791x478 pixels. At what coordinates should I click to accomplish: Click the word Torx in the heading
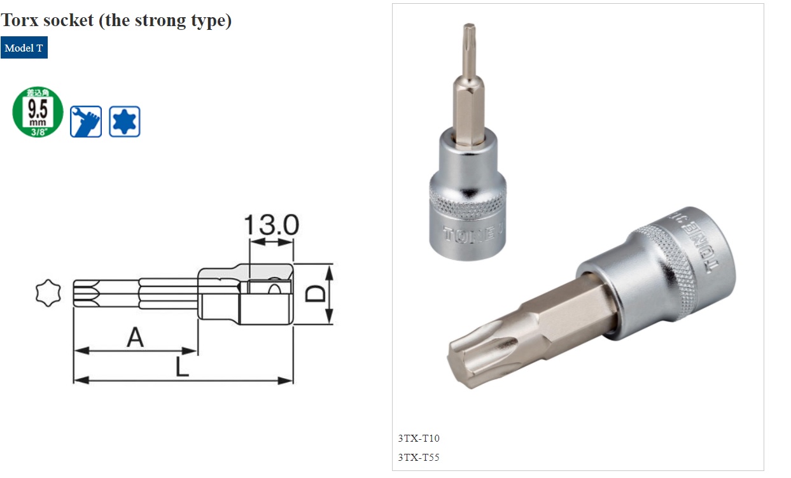click(x=22, y=20)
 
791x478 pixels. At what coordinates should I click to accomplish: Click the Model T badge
click(x=24, y=48)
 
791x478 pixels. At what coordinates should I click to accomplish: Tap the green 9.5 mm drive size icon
click(x=38, y=112)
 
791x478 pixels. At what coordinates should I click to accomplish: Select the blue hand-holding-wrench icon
click(x=86, y=121)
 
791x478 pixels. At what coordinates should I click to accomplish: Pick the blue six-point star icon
click(x=124, y=121)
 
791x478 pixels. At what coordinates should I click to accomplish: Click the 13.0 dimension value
click(x=271, y=225)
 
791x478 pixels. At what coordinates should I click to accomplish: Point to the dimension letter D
click(x=315, y=293)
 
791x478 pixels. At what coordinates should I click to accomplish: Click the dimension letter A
click(x=135, y=337)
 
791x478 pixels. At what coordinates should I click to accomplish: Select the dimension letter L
click(x=183, y=367)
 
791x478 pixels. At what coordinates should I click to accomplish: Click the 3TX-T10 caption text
click(x=419, y=438)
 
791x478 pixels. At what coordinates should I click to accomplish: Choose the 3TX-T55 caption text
click(x=419, y=457)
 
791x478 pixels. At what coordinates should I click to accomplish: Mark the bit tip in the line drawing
click(x=86, y=293)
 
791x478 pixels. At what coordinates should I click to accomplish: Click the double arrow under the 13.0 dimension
click(x=272, y=243)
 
